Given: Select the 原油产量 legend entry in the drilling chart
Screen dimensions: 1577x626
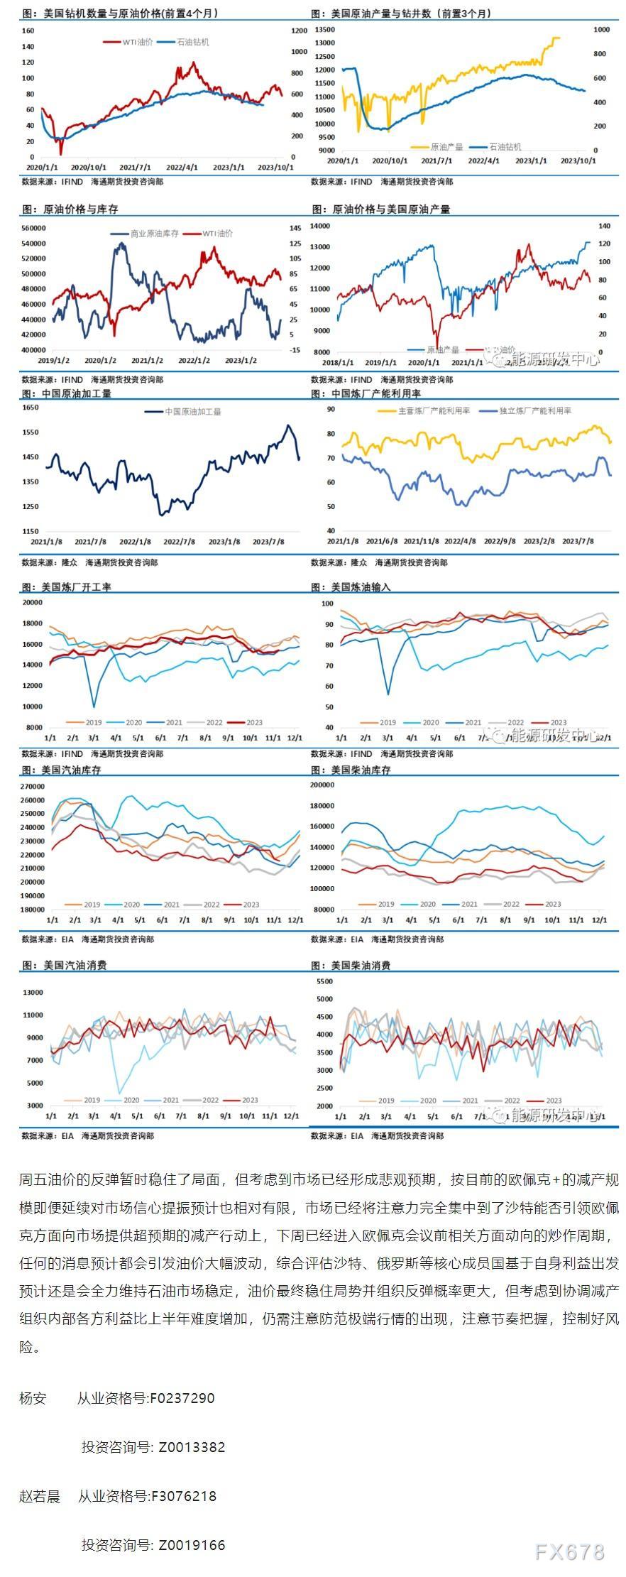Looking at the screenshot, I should pos(446,146).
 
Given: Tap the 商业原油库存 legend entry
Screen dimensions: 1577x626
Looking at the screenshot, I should pos(154,233).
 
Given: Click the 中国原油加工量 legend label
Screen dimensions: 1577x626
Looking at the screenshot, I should pos(192,411).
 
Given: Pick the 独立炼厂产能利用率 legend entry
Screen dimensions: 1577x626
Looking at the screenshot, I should pos(535,410).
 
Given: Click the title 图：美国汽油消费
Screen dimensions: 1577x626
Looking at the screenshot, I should pos(64,966).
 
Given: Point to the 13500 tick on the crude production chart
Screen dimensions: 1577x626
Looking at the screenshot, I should pos(324,30).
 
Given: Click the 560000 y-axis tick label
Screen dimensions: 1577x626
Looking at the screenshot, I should pos(33,228).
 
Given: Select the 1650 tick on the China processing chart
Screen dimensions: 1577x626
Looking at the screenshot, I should pos(31,408).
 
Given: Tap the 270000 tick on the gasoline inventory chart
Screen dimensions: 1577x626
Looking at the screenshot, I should pos(33,787).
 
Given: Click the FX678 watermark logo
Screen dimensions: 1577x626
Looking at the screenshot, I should pos(570,1551).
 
